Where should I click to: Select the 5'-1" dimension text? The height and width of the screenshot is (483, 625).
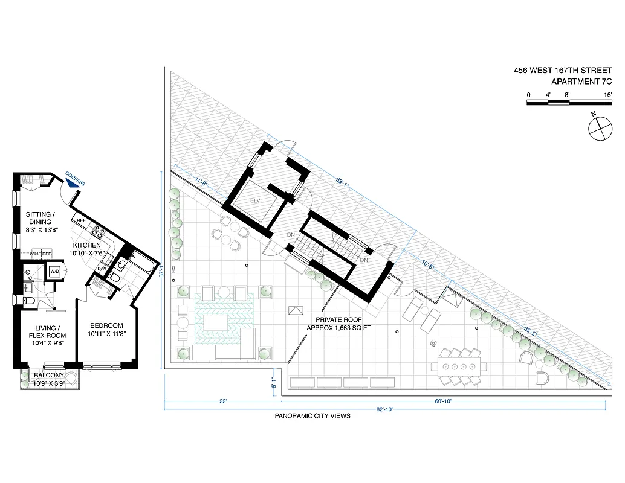pos(273,382)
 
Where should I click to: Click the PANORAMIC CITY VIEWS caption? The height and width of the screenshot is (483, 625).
pos(312,416)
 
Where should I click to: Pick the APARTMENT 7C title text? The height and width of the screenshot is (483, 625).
pos(582,82)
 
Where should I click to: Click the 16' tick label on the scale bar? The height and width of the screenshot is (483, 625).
pos(607,95)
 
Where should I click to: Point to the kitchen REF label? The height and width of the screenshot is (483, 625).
pos(80,221)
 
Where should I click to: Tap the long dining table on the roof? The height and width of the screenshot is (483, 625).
pos(461,366)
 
